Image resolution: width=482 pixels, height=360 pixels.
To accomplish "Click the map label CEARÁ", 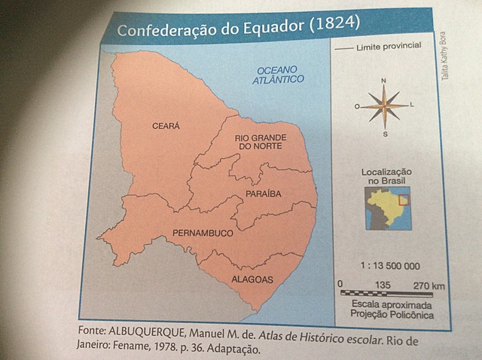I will tap(166, 126).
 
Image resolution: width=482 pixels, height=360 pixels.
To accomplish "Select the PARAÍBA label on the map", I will tap(263, 194).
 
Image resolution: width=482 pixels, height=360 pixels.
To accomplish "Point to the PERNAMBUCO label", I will tap(203, 233).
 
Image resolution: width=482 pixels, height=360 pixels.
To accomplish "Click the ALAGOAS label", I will tap(253, 279).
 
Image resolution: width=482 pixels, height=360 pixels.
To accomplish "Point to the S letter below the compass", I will tap(384, 134).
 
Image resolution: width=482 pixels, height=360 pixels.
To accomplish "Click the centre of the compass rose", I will tap(384, 106).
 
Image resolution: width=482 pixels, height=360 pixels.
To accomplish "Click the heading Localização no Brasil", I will tap(388, 176).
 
